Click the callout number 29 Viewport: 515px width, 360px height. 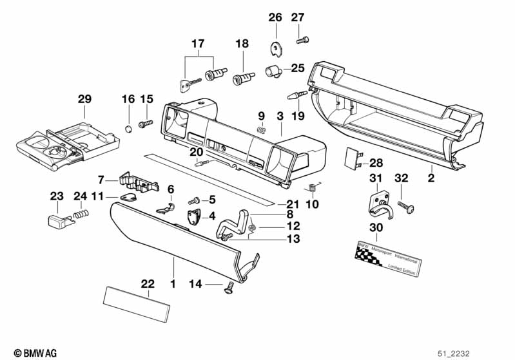click(84, 99)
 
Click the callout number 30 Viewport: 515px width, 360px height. click(376, 227)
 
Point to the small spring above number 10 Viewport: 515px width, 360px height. click(312, 188)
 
